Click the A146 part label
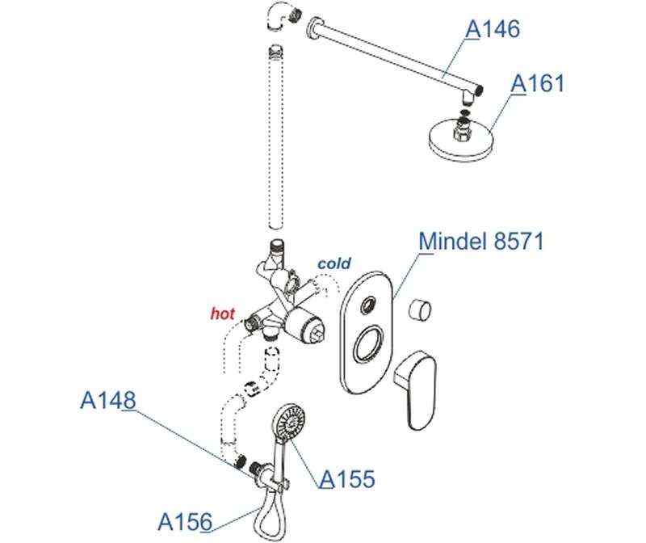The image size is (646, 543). point(493,29)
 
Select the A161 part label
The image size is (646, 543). point(538,82)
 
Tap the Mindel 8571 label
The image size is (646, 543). point(482,241)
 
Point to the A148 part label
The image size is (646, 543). point(107,400)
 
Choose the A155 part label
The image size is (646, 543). point(347,479)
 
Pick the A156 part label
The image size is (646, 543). point(185,520)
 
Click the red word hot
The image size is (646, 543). point(222,313)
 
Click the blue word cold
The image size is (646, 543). point(334,263)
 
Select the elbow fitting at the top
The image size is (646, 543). point(277,16)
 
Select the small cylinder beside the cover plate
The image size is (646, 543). point(420,309)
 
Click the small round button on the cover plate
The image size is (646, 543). point(370,305)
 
